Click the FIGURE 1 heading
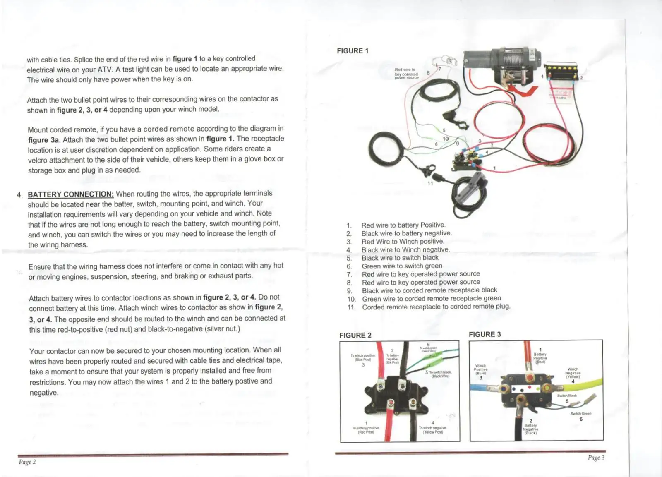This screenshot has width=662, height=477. (x=353, y=51)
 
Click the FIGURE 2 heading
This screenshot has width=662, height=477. (x=355, y=335)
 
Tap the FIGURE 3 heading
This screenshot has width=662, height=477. (x=485, y=334)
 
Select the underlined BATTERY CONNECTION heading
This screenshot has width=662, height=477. (x=70, y=194)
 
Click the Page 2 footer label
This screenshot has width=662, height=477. (x=27, y=462)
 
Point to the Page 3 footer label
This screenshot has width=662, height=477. (x=596, y=457)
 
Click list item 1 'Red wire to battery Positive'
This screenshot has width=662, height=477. (x=403, y=225)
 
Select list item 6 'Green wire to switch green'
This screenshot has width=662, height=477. (x=402, y=266)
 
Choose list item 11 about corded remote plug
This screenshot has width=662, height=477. (x=436, y=307)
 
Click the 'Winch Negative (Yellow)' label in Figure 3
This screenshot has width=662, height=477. (x=573, y=373)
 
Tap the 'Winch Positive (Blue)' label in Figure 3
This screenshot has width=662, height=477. (x=480, y=369)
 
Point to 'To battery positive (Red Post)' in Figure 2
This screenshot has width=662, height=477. (x=366, y=430)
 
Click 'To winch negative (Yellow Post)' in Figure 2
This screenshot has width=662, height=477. (x=432, y=430)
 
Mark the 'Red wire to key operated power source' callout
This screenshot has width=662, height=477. (x=406, y=74)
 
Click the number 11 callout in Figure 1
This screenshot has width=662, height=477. (x=430, y=183)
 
